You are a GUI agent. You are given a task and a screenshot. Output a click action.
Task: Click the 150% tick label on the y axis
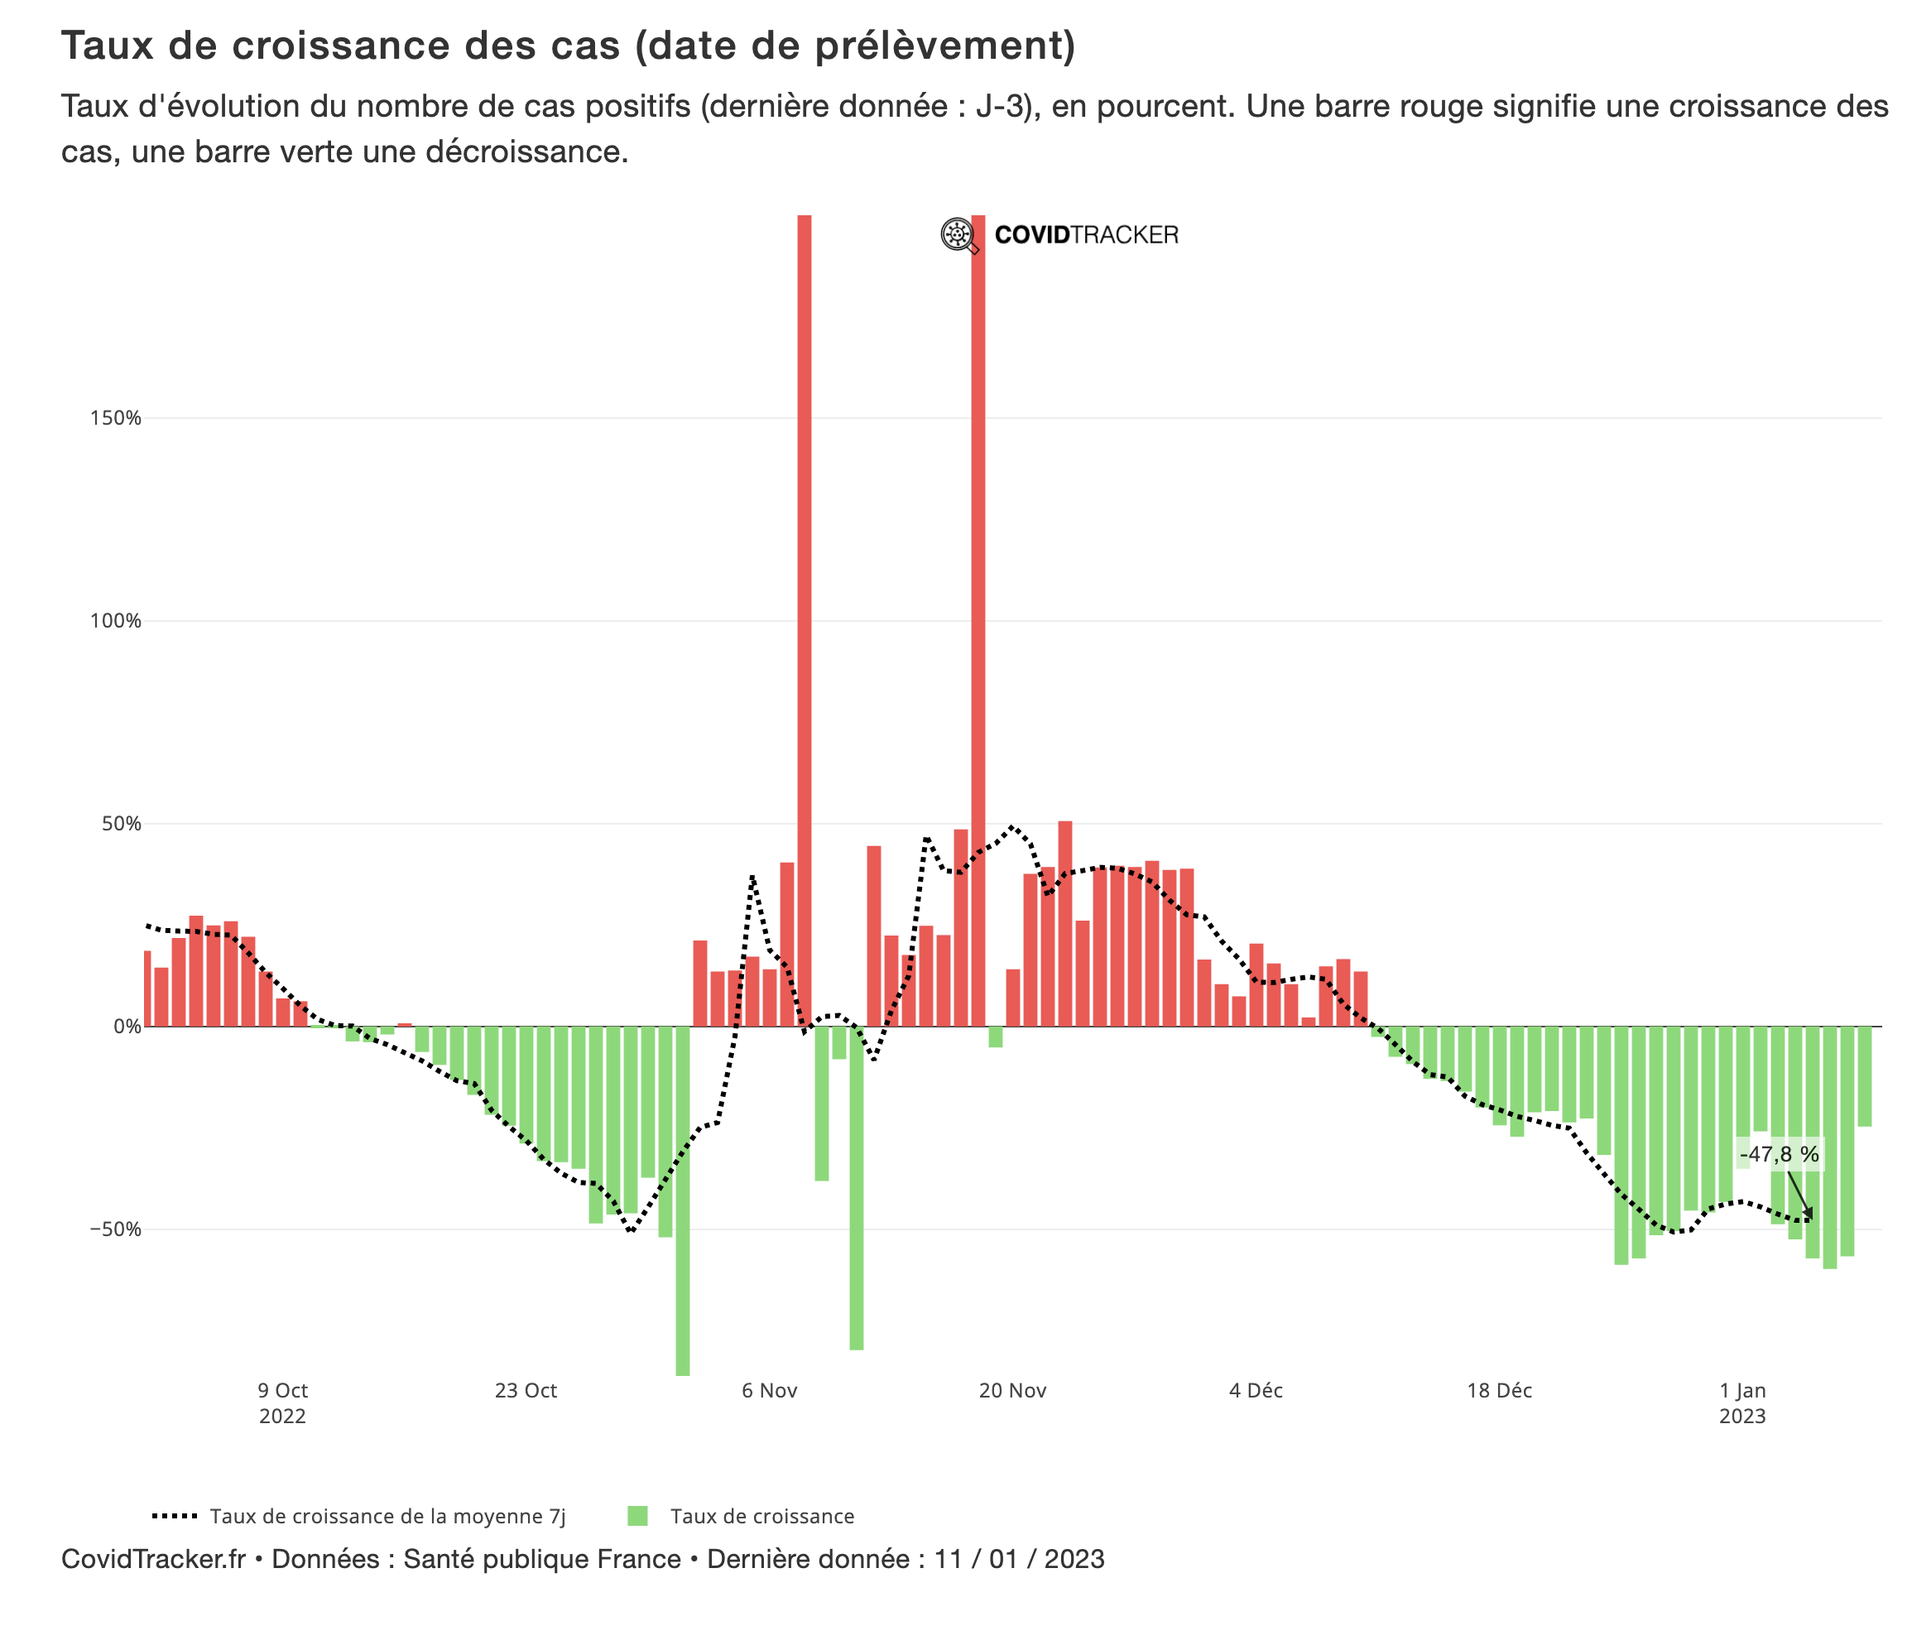click(115, 417)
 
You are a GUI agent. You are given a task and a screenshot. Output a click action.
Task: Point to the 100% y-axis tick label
click(115, 620)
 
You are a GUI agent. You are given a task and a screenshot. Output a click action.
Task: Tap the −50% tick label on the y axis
click(115, 1229)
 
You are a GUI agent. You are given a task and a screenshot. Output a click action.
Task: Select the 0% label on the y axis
click(127, 1026)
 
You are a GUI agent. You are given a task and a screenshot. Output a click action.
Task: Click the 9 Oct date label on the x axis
click(282, 1390)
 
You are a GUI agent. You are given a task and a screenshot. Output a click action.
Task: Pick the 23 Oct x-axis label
click(526, 1390)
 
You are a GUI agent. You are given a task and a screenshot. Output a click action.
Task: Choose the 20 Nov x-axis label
click(1011, 1390)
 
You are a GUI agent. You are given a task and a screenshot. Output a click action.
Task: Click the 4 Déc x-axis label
click(1255, 1390)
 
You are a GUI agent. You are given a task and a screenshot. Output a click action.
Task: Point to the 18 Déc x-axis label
click(1498, 1390)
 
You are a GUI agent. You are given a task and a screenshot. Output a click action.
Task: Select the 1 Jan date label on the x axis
click(1741, 1390)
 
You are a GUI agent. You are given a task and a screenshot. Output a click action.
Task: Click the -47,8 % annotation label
click(1779, 1154)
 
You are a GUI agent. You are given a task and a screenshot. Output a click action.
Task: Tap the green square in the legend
click(637, 1517)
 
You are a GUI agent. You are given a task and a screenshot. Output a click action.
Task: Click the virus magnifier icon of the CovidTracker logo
click(958, 235)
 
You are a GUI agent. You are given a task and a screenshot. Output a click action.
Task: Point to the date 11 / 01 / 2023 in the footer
click(1018, 1559)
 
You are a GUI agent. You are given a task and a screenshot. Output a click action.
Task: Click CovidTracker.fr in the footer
click(153, 1559)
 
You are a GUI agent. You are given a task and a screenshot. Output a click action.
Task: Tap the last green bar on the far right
click(1864, 1075)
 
